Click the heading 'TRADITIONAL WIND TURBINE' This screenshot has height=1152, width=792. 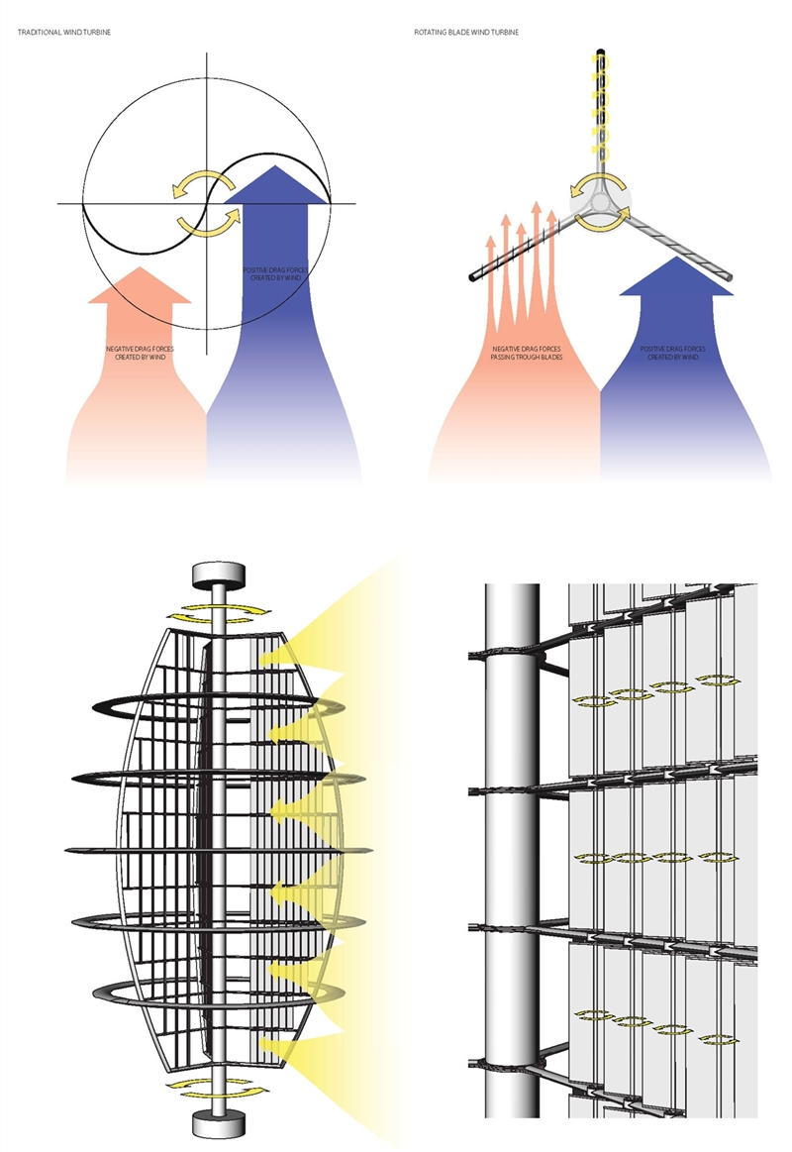point(64,33)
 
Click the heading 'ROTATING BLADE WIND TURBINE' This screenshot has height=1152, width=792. point(466,33)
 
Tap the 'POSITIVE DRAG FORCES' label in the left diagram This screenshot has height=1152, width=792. point(275,270)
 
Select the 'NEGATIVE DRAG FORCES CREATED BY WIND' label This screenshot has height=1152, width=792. point(141,353)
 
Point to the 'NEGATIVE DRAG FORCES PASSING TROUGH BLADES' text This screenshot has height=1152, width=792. point(527,353)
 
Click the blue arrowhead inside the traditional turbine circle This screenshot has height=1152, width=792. point(275,184)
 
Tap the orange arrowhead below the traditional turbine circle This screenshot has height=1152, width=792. point(140,286)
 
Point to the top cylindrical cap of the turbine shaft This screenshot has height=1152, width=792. point(218,576)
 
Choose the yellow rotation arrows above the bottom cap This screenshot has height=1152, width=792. point(218,1089)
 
